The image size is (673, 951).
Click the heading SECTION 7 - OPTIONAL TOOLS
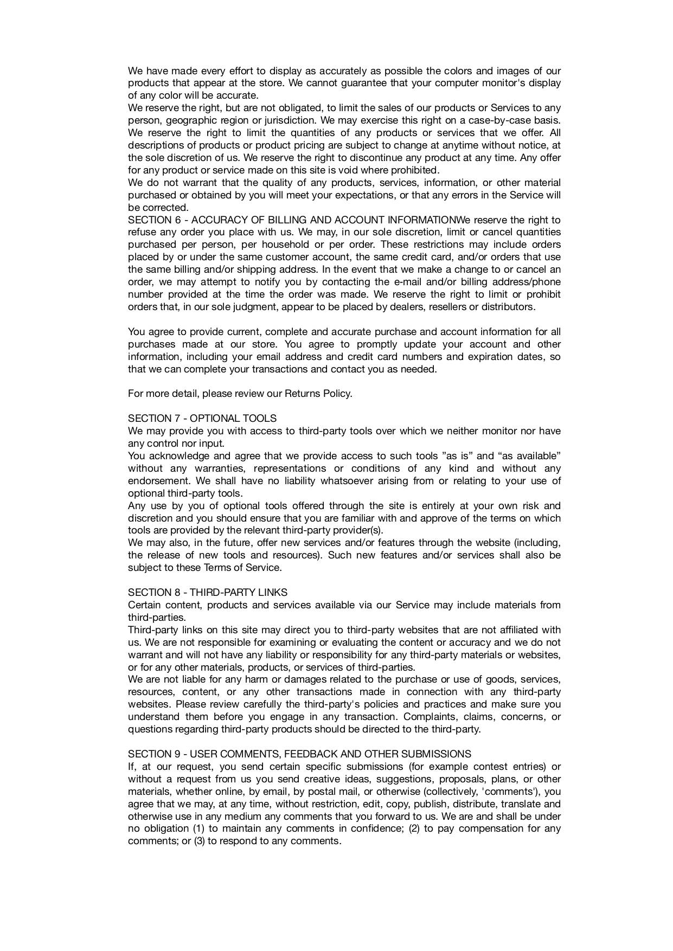(202, 419)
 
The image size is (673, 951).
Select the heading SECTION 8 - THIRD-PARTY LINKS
(208, 593)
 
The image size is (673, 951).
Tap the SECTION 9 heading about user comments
(299, 754)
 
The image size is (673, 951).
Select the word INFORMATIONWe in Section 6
(421, 220)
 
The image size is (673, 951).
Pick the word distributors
(507, 307)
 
